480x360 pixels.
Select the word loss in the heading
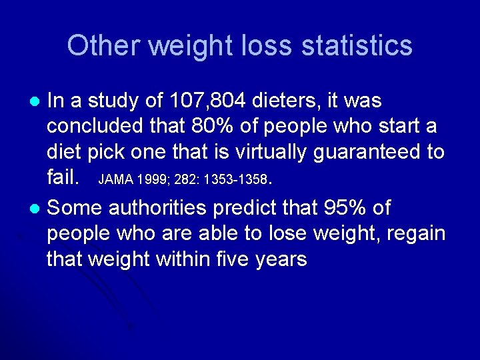tap(272, 46)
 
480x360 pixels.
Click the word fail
tap(64, 178)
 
